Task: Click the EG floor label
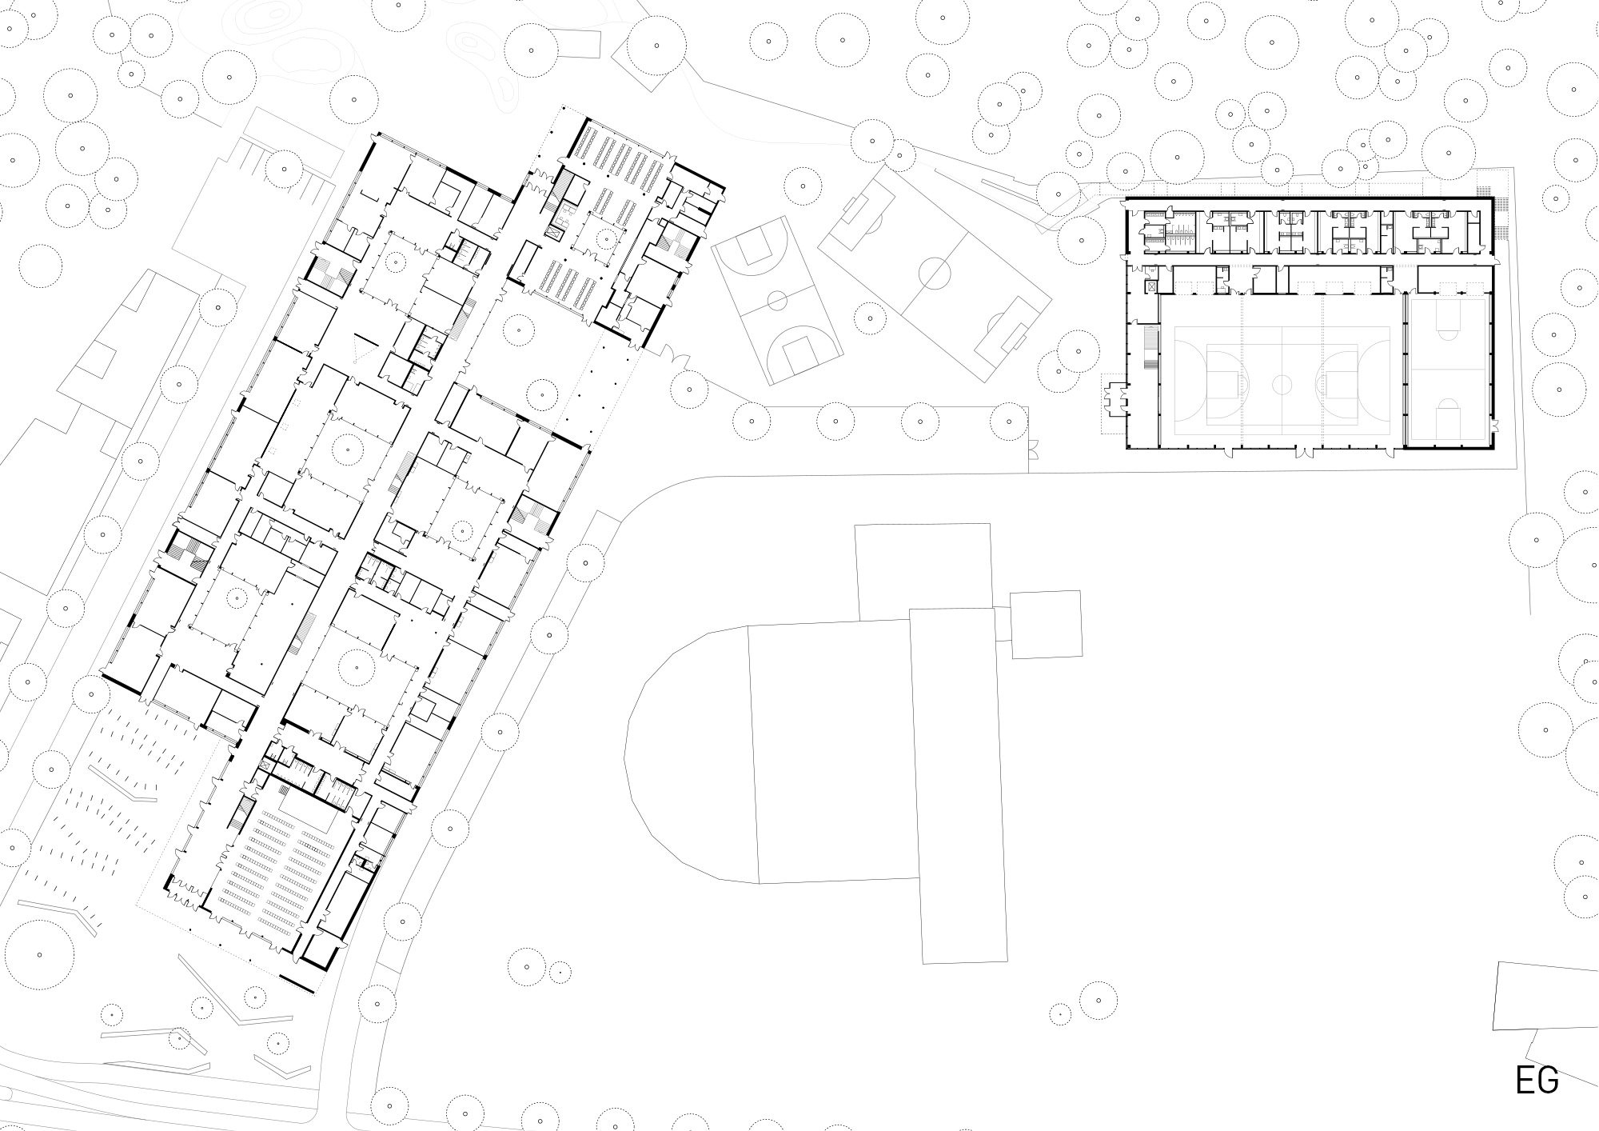[1537, 1080]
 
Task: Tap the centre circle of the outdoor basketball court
[776, 301]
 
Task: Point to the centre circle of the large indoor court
[1282, 385]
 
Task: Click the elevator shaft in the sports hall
[1152, 285]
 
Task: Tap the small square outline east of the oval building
[1047, 625]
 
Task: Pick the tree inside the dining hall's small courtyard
[606, 238]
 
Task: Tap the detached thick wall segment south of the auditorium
[297, 981]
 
